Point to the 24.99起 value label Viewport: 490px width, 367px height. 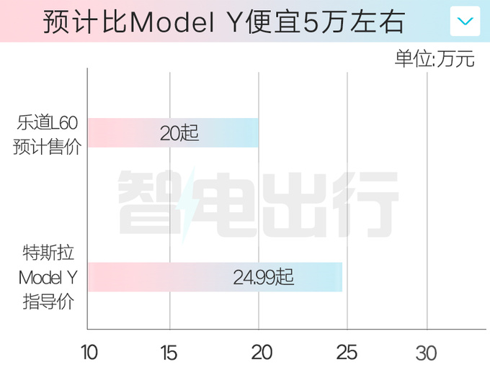(x=264, y=277)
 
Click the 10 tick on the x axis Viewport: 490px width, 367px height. (x=89, y=353)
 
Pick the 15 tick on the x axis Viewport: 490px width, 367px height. (x=169, y=353)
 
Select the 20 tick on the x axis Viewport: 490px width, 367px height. (x=262, y=353)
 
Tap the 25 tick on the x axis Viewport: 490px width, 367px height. (x=347, y=353)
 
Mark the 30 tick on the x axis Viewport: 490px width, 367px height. (x=427, y=353)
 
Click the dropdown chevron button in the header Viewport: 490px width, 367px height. (x=465, y=21)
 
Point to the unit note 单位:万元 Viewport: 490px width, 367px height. (x=435, y=59)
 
